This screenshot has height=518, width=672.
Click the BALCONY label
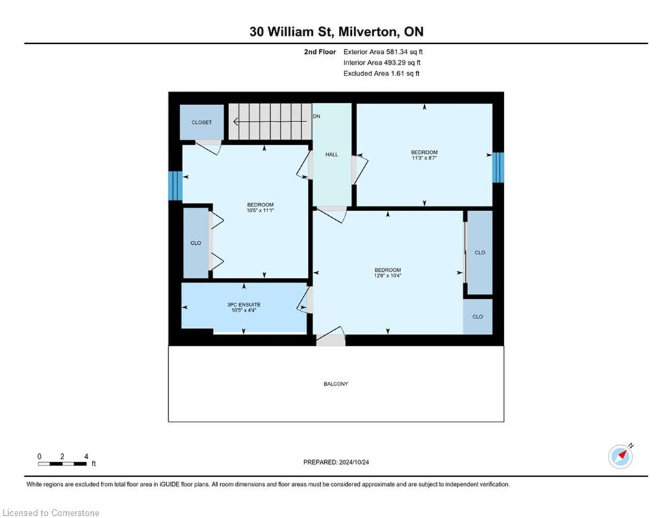(336, 384)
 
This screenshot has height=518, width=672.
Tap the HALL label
(332, 154)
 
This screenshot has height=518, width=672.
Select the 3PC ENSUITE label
(244, 305)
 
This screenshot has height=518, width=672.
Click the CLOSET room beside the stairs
(201, 123)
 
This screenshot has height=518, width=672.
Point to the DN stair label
(317, 117)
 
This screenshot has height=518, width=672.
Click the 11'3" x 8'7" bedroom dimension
(424, 158)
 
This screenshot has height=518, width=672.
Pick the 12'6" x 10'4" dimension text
(388, 276)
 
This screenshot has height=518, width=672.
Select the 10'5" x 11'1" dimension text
(260, 210)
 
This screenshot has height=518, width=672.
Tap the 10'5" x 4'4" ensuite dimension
(244, 310)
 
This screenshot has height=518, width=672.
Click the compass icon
(620, 457)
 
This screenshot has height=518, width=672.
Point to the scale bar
(62, 463)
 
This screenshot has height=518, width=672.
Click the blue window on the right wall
(498, 167)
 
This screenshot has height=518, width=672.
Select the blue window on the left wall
(176, 185)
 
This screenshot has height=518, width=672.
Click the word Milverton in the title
(368, 32)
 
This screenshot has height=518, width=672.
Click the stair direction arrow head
(235, 122)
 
